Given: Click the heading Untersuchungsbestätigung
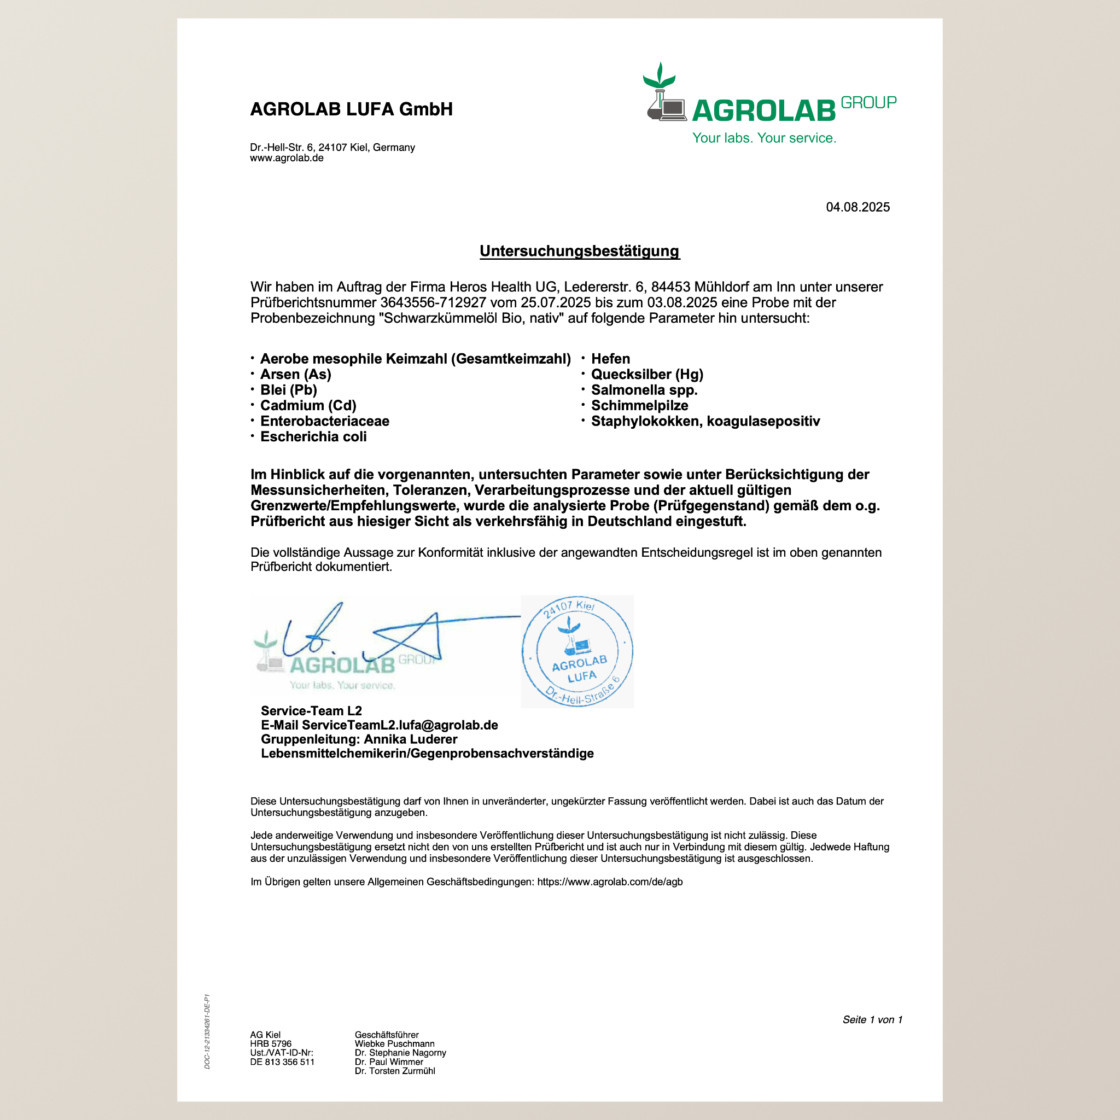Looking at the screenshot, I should [x=579, y=251].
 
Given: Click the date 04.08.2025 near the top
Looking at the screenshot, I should [x=857, y=207].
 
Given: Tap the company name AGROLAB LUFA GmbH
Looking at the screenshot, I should [x=351, y=109].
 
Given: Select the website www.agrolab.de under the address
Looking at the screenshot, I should [x=287, y=157].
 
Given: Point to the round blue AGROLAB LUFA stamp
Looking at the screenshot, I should [x=577, y=651].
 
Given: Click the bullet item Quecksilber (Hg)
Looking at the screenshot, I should [x=646, y=375].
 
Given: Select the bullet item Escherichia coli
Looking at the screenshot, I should [x=313, y=436].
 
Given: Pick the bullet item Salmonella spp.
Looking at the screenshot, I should [x=644, y=390].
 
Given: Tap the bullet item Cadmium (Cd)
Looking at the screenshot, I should [x=308, y=405].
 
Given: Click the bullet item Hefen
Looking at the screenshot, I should [x=610, y=359].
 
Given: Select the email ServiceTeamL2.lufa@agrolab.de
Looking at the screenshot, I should [x=400, y=725].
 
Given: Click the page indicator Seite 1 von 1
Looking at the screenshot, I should [x=872, y=1020].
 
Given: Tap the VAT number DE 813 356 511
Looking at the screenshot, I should [x=282, y=1062].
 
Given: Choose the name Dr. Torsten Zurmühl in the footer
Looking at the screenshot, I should [x=395, y=1071].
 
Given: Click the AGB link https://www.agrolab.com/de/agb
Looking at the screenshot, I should [x=610, y=882].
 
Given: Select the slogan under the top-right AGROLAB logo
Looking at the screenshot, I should [x=764, y=138].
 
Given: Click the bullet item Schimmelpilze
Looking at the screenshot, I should [x=639, y=406].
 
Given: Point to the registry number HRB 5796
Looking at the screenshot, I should [x=271, y=1043].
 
